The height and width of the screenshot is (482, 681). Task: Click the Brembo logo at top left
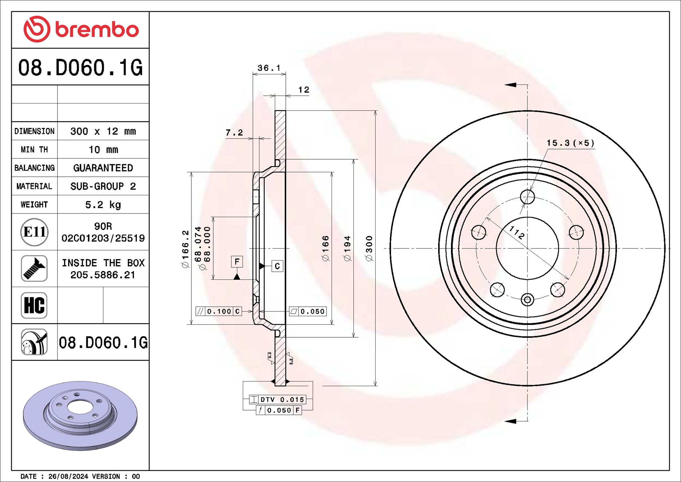point(81,29)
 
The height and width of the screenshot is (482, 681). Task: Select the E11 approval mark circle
point(34,232)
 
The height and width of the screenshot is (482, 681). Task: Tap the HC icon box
point(34,305)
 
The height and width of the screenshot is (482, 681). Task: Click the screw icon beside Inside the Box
point(34,269)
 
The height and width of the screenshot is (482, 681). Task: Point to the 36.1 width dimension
point(269,68)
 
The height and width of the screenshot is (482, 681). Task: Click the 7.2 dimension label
point(234,133)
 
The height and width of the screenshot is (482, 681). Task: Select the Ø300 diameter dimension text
point(369,248)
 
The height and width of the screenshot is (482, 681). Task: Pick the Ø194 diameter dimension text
point(347,248)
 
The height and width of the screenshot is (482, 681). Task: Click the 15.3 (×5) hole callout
point(570,143)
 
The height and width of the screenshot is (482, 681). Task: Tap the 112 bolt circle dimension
point(516,232)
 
